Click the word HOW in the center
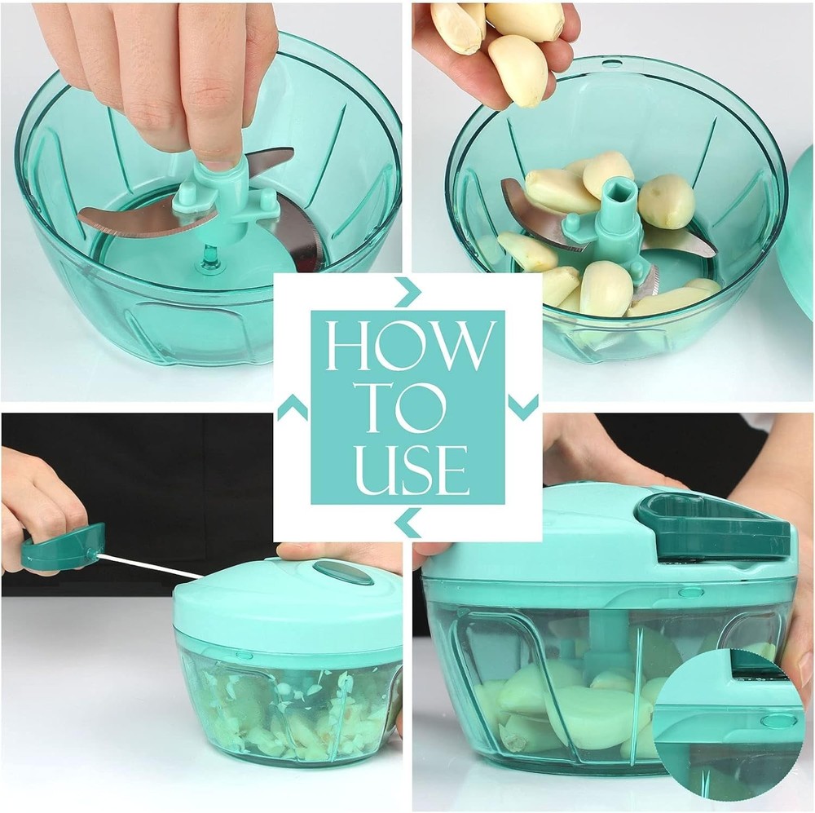click(407, 347)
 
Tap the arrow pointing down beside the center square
click(523, 406)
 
